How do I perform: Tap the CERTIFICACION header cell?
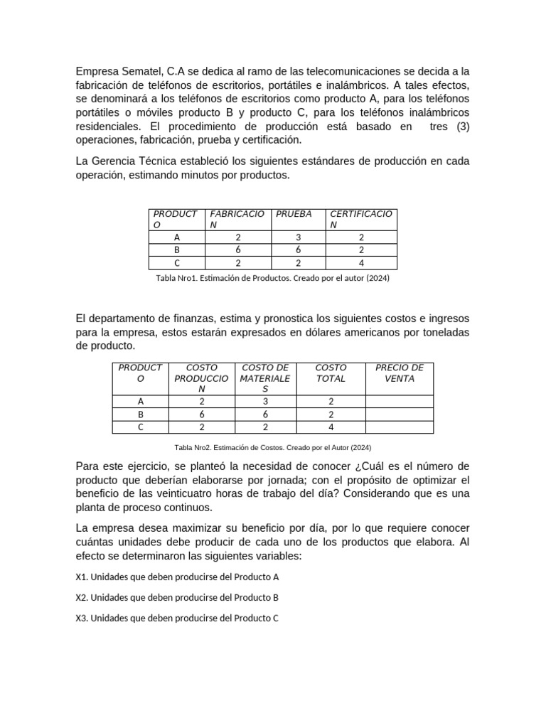pyautogui.click(x=360, y=219)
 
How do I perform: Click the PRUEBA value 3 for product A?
pyautogui.click(x=299, y=237)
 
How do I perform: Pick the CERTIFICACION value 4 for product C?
pyautogui.click(x=361, y=262)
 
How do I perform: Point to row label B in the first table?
pyautogui.click(x=176, y=250)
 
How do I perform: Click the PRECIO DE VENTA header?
pyautogui.click(x=399, y=373)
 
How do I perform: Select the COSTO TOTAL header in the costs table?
pyautogui.click(x=331, y=373)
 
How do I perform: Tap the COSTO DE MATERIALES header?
pyautogui.click(x=265, y=378)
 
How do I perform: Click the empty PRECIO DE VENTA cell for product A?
pyautogui.click(x=399, y=401)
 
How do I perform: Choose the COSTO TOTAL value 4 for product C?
pyautogui.click(x=331, y=427)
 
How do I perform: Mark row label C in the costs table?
pyautogui.click(x=141, y=427)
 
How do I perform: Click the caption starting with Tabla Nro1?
pyautogui.click(x=272, y=279)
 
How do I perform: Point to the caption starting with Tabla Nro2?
pyautogui.click(x=272, y=448)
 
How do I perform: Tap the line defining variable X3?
pyautogui.click(x=176, y=618)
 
